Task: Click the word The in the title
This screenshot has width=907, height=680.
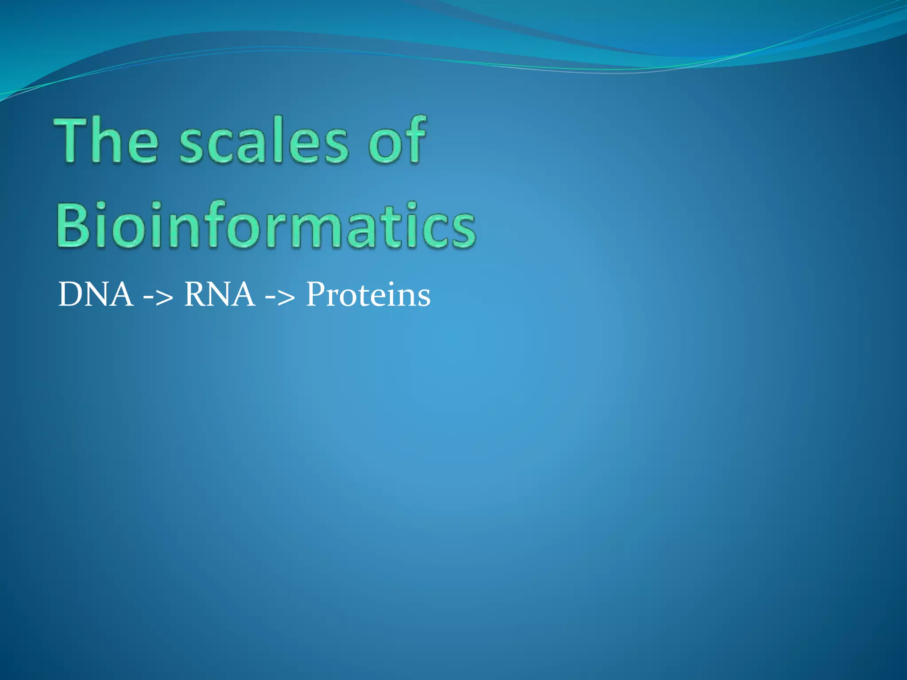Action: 106,141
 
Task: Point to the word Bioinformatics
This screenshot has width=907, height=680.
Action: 266,225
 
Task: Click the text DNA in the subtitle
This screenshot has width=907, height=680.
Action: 96,295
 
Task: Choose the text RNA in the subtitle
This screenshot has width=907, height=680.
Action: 219,295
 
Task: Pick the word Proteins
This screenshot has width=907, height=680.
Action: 368,295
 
